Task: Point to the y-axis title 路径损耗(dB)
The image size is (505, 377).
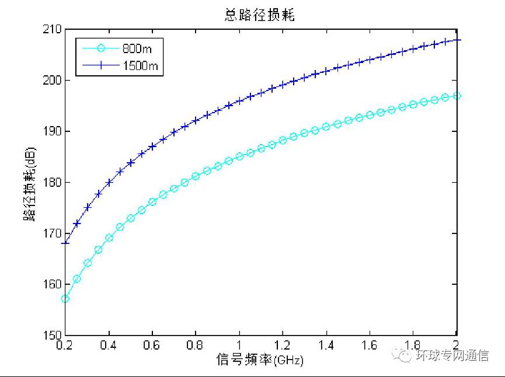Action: click(x=29, y=182)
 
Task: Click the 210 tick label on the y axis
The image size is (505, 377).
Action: click(x=53, y=29)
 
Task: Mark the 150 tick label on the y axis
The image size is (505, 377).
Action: click(x=53, y=336)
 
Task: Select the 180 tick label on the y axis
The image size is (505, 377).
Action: click(x=53, y=183)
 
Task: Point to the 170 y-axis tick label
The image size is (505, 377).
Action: click(x=53, y=233)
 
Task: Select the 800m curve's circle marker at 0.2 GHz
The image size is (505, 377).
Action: click(x=65, y=299)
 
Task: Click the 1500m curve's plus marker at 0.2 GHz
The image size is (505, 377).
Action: click(x=65, y=243)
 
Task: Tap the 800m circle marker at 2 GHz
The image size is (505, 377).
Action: click(x=457, y=96)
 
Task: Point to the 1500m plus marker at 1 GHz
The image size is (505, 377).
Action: click(x=239, y=101)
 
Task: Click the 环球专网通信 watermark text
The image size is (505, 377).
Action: click(x=452, y=355)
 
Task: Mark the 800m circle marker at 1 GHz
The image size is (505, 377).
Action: click(x=239, y=156)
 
